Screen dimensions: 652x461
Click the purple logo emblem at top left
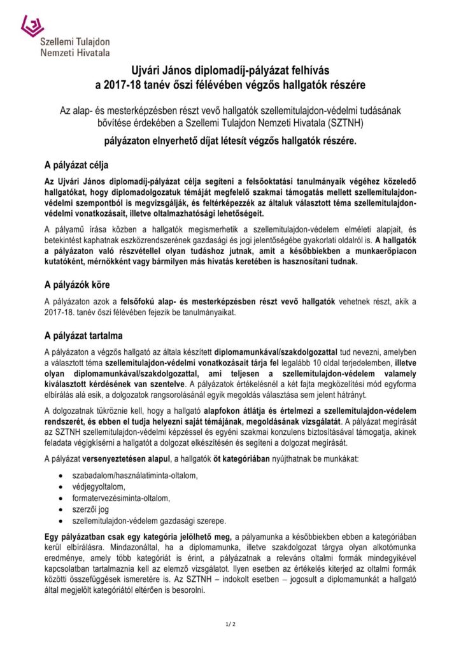32,26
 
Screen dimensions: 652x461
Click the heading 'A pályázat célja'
76,167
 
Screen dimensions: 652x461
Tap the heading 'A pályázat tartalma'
83,335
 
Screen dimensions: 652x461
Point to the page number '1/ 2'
230,623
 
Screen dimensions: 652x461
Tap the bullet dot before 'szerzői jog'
60,509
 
